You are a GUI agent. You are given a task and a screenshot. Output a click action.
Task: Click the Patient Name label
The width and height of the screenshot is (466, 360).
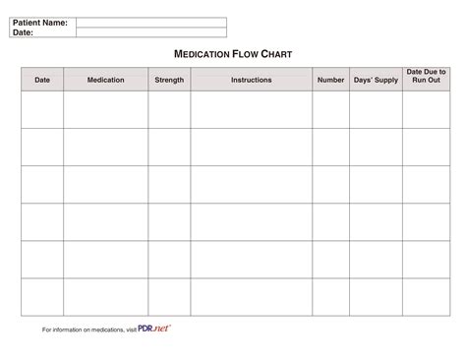pos(39,22)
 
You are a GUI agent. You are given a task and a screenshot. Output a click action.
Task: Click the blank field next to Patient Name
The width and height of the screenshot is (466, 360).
pos(150,22)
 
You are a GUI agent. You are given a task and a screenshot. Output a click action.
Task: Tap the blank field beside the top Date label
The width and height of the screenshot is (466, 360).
pos(150,31)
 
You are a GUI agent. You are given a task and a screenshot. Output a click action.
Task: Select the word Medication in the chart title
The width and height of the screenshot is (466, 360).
pos(202,55)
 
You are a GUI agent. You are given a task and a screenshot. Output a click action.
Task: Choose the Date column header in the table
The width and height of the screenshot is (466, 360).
pos(42,80)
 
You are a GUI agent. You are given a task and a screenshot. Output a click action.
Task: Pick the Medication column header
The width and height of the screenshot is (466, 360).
pos(105,80)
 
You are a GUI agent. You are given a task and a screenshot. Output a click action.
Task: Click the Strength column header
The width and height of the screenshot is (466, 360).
pos(169,80)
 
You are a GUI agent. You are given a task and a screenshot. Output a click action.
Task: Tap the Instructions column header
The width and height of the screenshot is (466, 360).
pos(252,80)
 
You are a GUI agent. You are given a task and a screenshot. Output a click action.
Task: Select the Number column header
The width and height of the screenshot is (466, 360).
pos(330,80)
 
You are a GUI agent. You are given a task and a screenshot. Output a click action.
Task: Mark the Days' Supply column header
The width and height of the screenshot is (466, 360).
pos(376,80)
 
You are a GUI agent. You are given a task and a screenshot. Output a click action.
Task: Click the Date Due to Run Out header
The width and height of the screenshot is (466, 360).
pos(426,76)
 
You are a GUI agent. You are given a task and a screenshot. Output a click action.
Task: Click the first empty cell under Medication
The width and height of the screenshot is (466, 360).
pos(105,109)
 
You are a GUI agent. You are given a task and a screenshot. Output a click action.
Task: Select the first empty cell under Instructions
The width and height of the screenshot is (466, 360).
pos(252,109)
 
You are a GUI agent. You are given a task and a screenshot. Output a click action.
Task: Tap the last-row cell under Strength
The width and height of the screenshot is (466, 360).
pos(169,296)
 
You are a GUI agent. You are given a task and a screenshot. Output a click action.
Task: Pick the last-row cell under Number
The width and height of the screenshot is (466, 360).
pos(330,296)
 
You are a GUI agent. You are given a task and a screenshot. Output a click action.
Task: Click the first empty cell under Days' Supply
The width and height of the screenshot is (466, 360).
pos(376,109)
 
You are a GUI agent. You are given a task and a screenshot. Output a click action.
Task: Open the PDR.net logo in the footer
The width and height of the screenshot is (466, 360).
pos(154,328)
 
